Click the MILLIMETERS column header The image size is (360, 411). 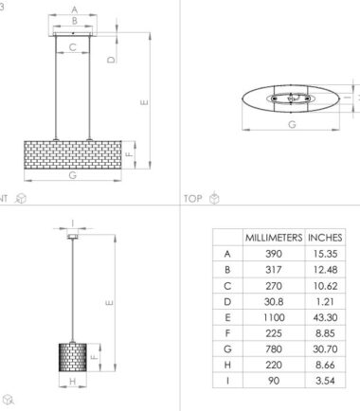point(273,237)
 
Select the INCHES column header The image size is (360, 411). point(324,237)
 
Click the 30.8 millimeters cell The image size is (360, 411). point(273,298)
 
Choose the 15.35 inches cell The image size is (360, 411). point(324,253)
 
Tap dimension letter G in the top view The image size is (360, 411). point(291,123)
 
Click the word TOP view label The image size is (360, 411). point(193,198)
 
